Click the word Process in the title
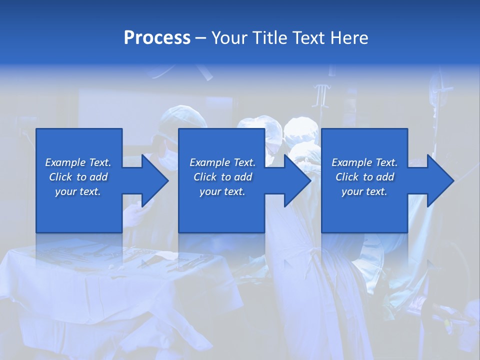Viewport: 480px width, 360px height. click(x=157, y=38)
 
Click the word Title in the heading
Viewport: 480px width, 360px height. click(x=270, y=38)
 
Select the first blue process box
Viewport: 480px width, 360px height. click(x=79, y=210)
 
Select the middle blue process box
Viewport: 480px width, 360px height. click(x=221, y=210)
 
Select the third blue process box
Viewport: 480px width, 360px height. click(x=364, y=210)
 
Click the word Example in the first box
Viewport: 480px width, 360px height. click(x=65, y=162)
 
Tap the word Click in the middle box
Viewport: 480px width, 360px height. click(x=205, y=177)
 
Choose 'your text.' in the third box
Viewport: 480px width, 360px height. click(x=364, y=191)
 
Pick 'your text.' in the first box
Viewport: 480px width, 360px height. click(x=77, y=191)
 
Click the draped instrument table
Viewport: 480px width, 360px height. click(x=100, y=290)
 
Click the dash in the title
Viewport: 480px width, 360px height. click(x=200, y=38)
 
